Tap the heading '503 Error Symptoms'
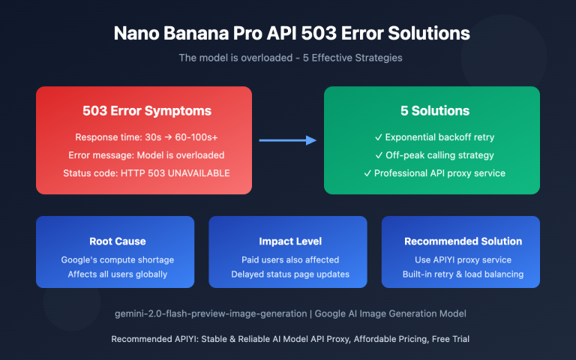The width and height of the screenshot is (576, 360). click(x=146, y=111)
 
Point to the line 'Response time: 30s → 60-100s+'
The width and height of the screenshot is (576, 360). click(x=146, y=138)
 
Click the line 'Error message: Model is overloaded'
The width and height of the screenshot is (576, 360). click(x=146, y=155)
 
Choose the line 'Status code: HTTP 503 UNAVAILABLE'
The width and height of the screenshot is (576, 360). click(x=146, y=173)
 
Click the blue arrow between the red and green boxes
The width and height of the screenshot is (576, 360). click(x=288, y=139)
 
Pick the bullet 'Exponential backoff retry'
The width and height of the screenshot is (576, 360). click(x=435, y=138)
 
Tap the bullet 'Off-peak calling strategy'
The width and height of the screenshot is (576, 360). click(x=435, y=155)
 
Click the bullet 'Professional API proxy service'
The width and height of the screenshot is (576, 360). click(x=435, y=173)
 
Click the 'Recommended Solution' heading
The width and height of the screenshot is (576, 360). click(x=463, y=241)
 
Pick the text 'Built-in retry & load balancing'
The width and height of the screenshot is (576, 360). click(x=463, y=274)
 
